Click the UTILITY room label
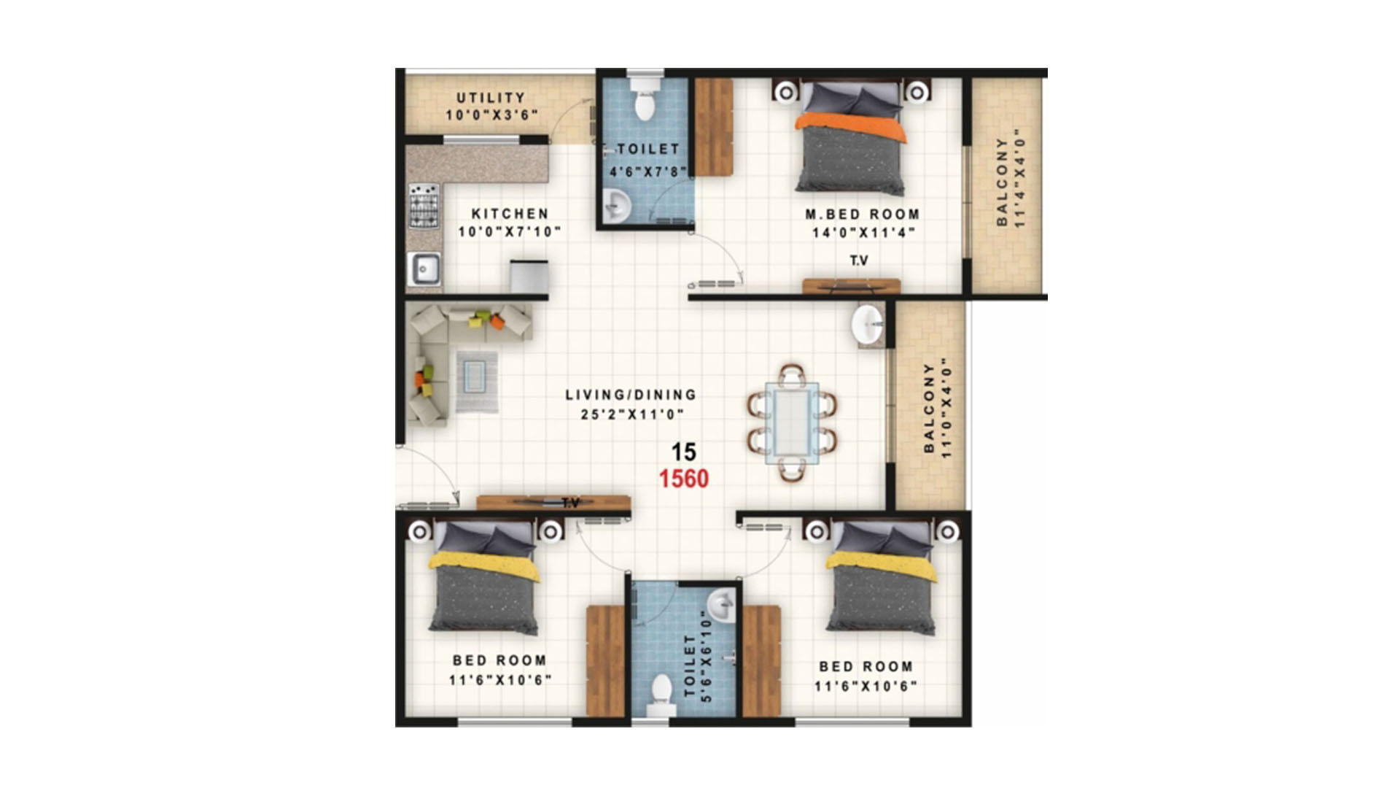tap(491, 98)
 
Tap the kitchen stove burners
tap(424, 205)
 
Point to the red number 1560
tap(684, 479)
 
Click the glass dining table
tap(792, 423)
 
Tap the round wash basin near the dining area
tap(867, 323)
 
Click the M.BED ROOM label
tap(863, 215)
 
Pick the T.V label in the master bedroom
tap(859, 260)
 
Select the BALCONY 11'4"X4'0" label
tap(1011, 181)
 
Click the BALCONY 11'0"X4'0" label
tap(938, 408)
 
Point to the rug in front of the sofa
tap(478, 382)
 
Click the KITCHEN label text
tap(510, 214)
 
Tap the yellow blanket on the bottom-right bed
tap(882, 565)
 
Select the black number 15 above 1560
tap(684, 452)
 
